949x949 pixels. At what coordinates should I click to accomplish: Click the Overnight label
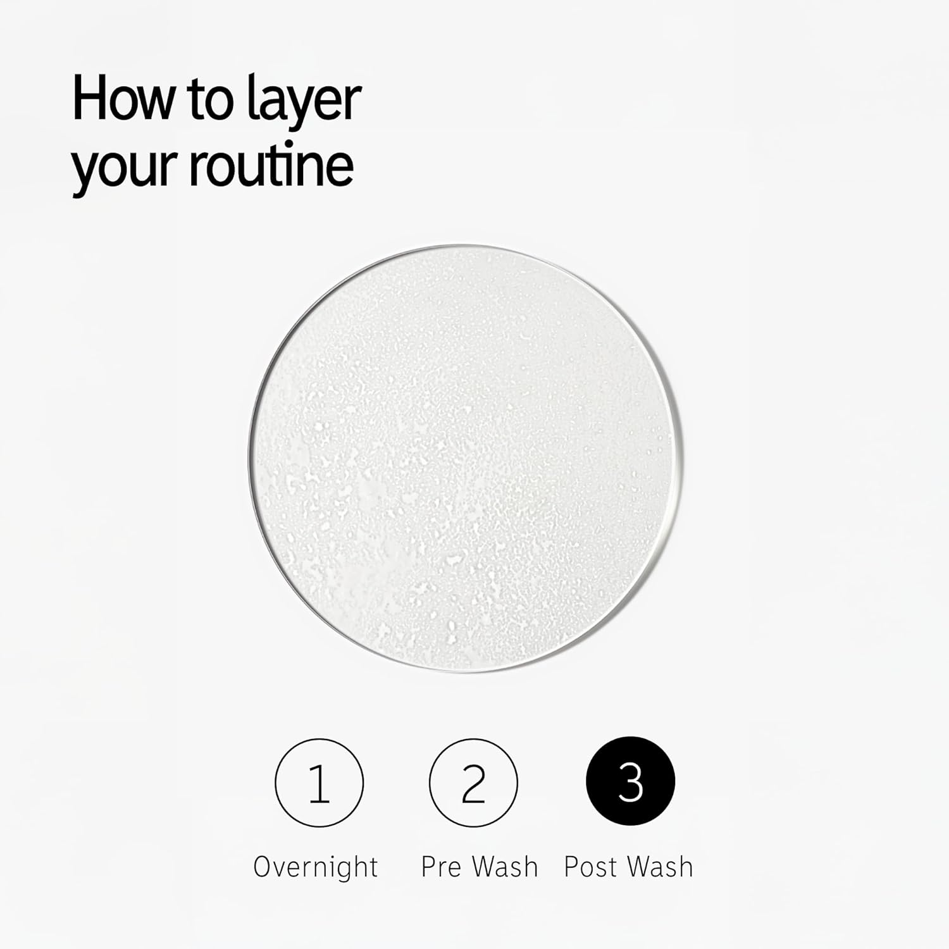(316, 867)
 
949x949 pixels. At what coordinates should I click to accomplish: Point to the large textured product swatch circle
(466, 458)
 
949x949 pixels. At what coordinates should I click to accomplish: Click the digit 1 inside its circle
(319, 783)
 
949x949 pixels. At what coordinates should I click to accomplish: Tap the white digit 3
(631, 783)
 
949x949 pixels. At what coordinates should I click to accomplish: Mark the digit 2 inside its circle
(473, 783)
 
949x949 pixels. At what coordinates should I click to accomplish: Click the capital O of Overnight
(264, 867)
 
